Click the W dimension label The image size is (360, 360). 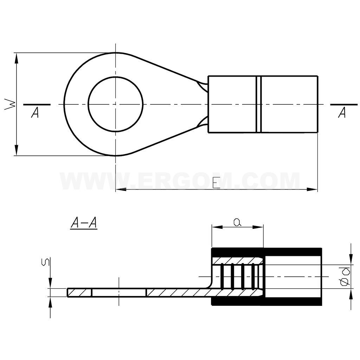[10, 104]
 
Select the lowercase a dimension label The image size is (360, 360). [237, 222]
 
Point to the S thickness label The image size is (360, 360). [45, 262]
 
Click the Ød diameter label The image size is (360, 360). [345, 276]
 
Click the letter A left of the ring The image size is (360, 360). [35, 112]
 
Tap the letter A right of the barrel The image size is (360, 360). [342, 112]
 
